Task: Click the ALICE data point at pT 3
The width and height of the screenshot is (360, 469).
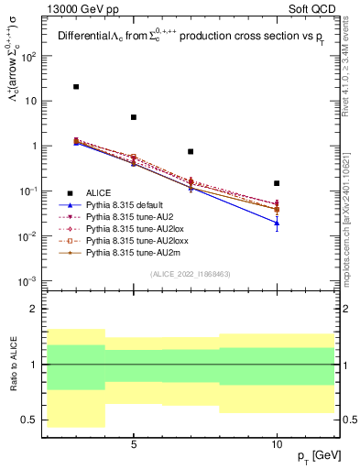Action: click(76, 87)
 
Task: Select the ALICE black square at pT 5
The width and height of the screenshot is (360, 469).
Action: click(134, 117)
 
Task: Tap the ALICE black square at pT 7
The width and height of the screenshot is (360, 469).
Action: click(191, 151)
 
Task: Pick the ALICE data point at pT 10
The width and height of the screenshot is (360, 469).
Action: click(277, 183)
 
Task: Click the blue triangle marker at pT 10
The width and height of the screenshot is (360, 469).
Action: click(277, 223)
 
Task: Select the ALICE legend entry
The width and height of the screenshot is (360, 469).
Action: click(99, 192)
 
